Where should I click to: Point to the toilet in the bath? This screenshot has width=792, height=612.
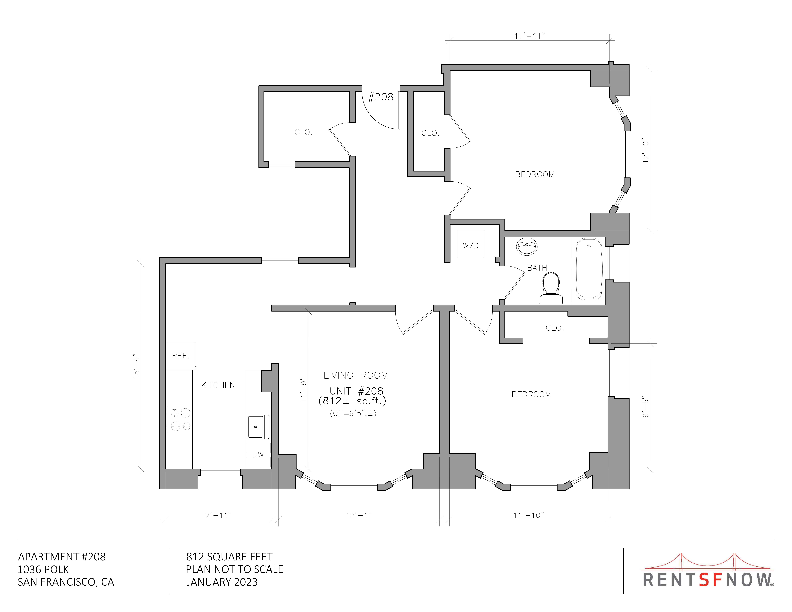tap(551, 288)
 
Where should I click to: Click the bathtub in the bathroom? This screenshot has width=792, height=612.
tap(589, 269)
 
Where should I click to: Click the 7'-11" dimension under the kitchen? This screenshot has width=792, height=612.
tap(219, 515)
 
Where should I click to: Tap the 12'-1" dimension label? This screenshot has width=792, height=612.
tap(359, 515)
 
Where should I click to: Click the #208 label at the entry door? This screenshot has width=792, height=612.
tap(381, 97)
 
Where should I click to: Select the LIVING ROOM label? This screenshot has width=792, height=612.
tap(356, 375)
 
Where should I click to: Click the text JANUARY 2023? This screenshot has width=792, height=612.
tap(222, 582)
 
